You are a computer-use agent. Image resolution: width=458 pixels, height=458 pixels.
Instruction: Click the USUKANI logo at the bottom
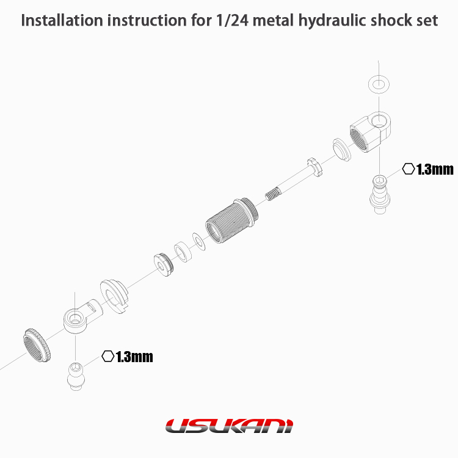point(229,426)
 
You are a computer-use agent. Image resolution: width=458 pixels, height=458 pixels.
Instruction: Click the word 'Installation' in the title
point(62,20)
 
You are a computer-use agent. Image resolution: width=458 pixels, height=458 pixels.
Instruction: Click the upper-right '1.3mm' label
point(435,169)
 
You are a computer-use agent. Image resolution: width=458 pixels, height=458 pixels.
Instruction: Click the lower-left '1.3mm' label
point(134,357)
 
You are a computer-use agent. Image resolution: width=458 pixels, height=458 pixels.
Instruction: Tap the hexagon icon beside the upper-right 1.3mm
point(409,169)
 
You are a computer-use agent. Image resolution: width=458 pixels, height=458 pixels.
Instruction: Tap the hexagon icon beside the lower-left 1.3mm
point(107,356)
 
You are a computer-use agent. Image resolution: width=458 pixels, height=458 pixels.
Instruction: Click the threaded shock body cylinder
point(231,220)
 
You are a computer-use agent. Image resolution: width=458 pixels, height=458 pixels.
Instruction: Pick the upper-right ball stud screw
point(380,195)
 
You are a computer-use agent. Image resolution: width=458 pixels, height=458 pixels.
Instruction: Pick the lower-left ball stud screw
point(76,376)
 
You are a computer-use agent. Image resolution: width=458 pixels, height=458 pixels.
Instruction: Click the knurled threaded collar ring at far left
point(38,345)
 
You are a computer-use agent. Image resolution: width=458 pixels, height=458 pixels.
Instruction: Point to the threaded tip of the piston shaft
point(273,194)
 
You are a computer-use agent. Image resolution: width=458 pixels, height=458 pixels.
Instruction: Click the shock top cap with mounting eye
point(371,131)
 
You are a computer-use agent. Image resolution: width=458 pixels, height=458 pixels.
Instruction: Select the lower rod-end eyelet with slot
point(83,316)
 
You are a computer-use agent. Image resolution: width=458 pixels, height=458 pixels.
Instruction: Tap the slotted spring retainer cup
point(114,296)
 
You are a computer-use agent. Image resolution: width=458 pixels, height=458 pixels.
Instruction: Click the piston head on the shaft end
point(315,167)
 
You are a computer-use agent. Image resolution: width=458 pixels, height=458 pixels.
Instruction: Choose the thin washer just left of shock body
point(199,241)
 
